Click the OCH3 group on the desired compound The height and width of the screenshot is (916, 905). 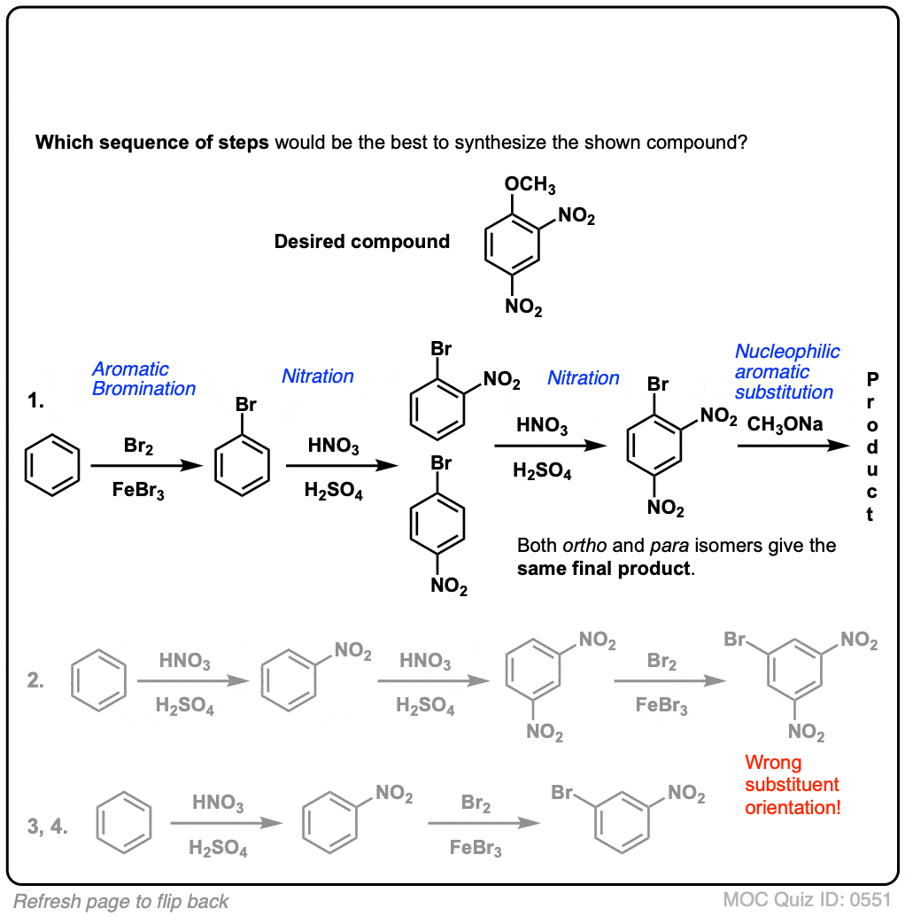point(530,184)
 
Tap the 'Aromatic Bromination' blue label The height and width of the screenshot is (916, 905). point(143,378)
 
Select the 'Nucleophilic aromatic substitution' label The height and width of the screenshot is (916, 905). point(786,371)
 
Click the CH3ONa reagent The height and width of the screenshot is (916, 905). point(785,424)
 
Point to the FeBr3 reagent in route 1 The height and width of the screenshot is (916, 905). point(138,490)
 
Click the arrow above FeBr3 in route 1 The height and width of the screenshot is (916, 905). point(146,466)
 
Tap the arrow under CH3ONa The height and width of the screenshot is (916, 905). point(793,446)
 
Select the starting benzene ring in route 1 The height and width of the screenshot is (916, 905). point(52,465)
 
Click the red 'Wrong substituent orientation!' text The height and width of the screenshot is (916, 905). point(793,785)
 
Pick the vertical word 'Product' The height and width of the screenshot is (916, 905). point(871,446)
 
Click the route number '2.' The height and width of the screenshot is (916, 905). point(35,680)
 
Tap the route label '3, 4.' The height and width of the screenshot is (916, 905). point(47,826)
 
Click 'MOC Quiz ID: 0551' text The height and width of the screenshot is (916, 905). point(807,900)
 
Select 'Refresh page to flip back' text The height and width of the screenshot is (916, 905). point(120,902)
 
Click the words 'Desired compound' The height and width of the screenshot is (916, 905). point(362,241)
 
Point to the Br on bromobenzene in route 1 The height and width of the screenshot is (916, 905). point(246,404)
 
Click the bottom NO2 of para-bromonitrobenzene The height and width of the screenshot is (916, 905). point(448,586)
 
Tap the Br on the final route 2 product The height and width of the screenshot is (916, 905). point(734,639)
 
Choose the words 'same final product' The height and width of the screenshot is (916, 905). point(603,569)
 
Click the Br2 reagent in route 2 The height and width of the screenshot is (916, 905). point(661,661)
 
